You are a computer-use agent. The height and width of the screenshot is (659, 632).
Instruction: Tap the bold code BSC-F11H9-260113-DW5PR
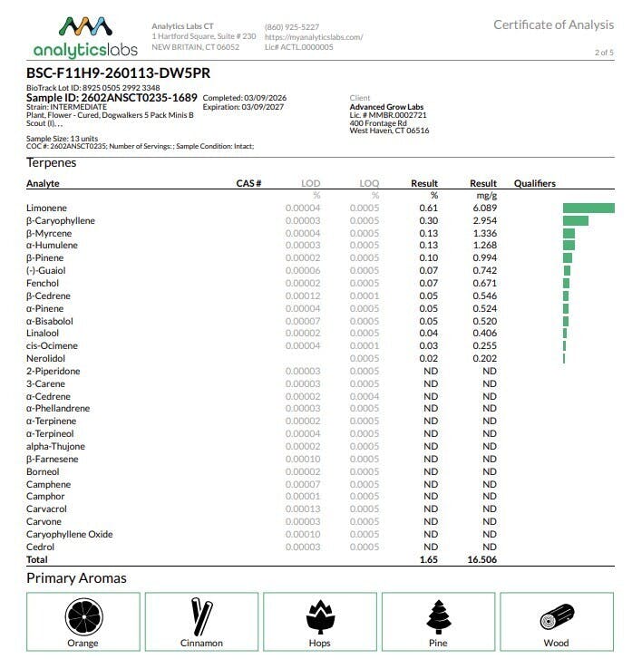(x=119, y=73)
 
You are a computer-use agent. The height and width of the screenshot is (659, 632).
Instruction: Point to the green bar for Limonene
(x=588, y=208)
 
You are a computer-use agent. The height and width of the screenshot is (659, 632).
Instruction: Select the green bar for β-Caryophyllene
(x=575, y=221)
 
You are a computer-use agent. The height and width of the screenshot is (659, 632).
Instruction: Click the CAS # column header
(x=248, y=183)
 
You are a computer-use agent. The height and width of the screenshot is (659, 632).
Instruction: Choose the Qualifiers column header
(x=534, y=183)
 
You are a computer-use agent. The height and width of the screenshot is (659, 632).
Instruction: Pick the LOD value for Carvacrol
(x=302, y=509)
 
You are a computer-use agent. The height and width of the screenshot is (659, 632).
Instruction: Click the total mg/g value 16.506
(x=481, y=560)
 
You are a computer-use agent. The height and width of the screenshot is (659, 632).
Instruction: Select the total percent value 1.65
(x=428, y=560)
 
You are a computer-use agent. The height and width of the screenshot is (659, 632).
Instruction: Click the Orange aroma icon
(x=83, y=618)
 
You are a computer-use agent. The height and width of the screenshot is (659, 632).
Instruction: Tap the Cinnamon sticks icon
(x=201, y=617)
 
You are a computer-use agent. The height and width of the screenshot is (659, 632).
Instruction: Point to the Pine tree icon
(x=438, y=617)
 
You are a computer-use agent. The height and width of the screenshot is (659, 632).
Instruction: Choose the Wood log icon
(x=555, y=619)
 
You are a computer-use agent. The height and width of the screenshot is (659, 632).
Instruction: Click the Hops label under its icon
(x=319, y=643)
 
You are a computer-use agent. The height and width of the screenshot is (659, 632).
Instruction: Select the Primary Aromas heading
(x=76, y=578)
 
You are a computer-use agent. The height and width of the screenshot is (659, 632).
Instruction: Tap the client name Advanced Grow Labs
(x=386, y=107)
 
